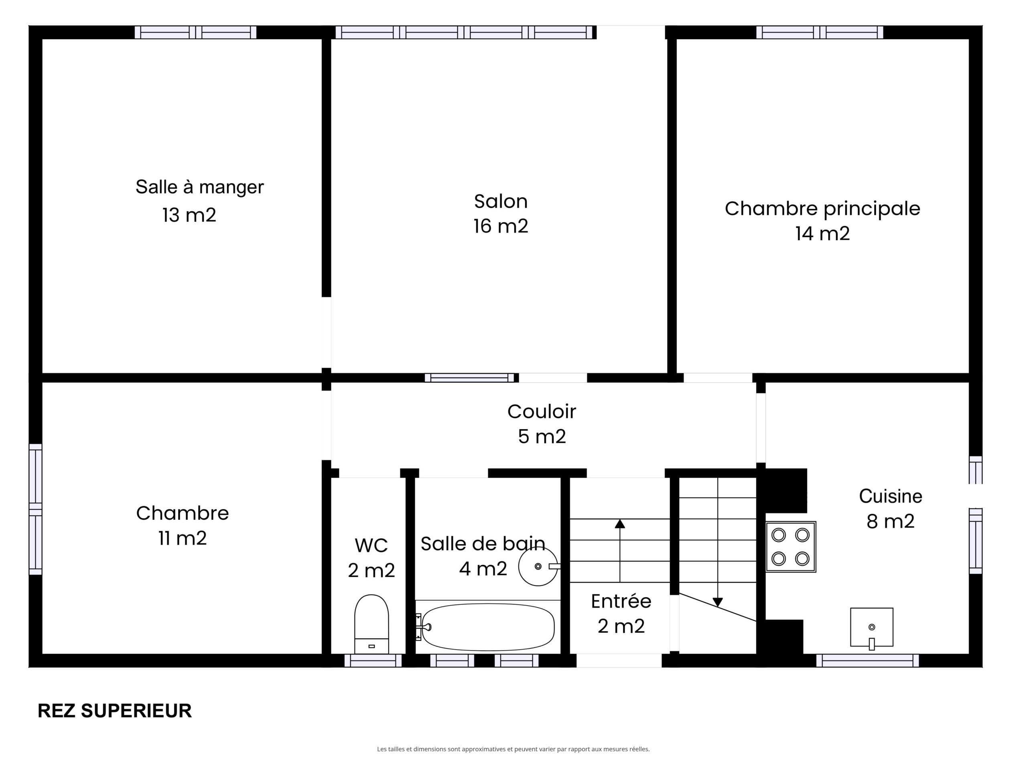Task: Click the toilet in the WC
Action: (x=371, y=624)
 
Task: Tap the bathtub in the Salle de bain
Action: (x=487, y=627)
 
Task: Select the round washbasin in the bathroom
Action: (x=538, y=566)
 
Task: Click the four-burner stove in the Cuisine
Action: (x=791, y=547)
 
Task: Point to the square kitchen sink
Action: (x=871, y=628)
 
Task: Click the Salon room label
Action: (x=501, y=201)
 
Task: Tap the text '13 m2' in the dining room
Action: (x=189, y=215)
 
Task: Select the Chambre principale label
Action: (x=822, y=209)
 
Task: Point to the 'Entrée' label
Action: (x=621, y=602)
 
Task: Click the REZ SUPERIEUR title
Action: (x=115, y=711)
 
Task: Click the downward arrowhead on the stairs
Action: (x=718, y=602)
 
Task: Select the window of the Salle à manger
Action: (x=195, y=32)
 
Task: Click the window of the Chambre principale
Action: (x=820, y=32)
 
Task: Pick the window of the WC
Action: (x=373, y=661)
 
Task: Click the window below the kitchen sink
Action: (x=867, y=661)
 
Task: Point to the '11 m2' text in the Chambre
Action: (x=183, y=538)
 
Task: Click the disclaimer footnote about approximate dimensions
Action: (x=513, y=749)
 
